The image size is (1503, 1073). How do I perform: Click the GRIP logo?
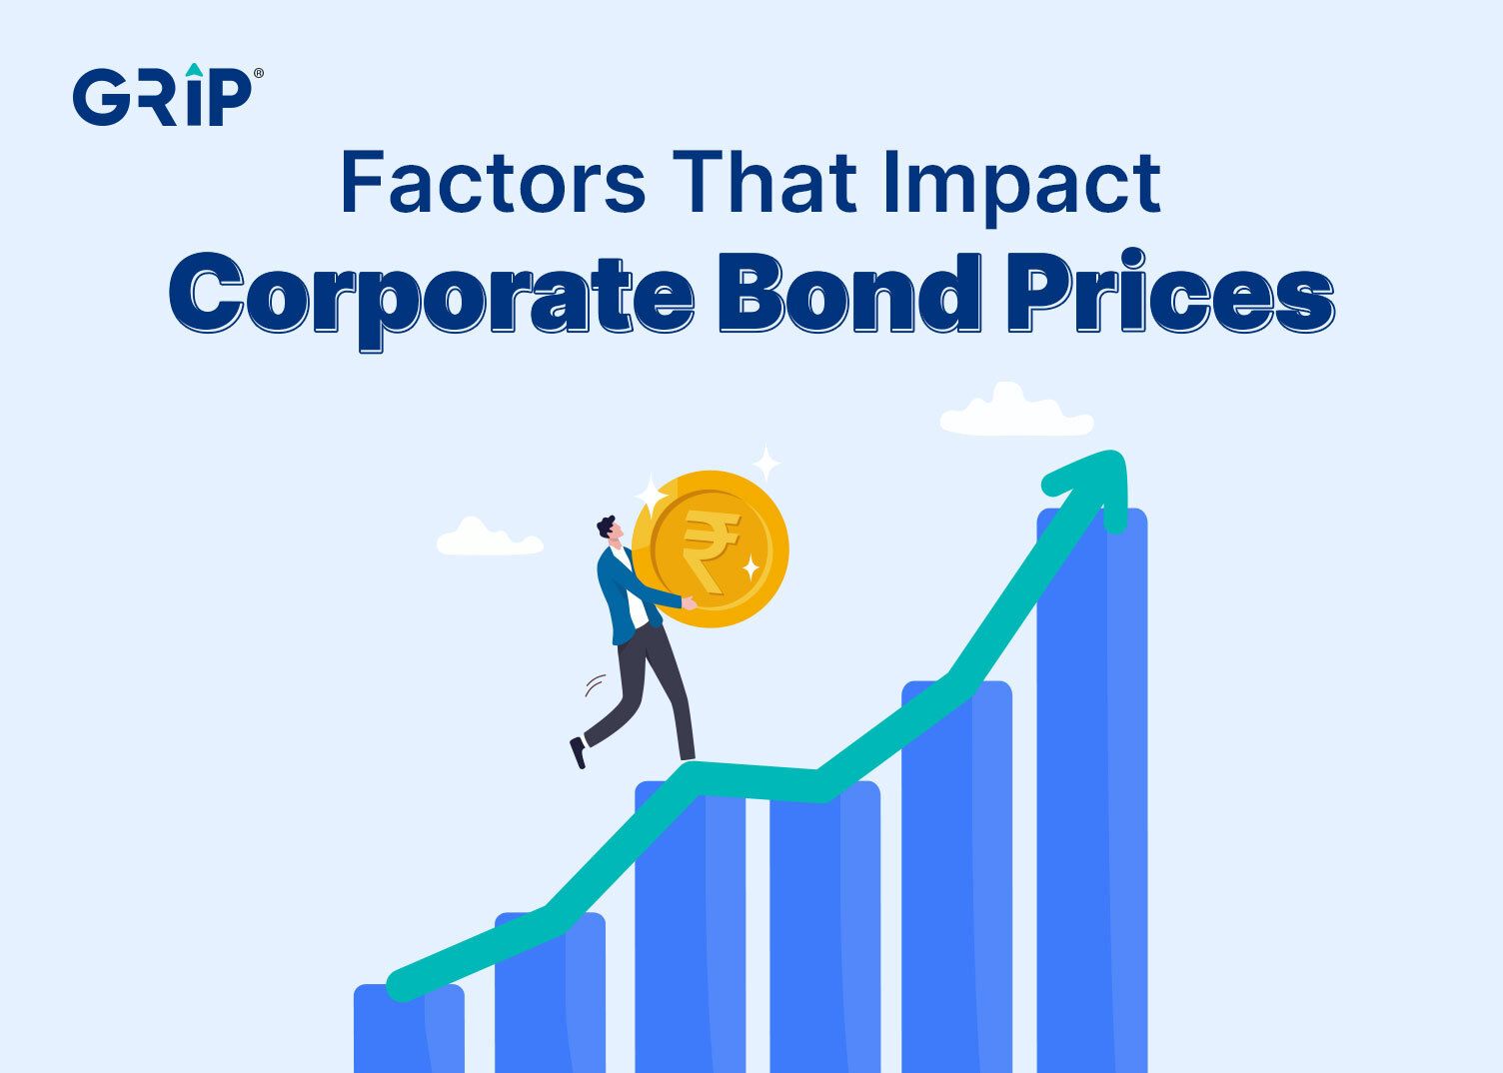click(163, 97)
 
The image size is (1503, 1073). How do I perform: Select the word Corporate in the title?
click(431, 294)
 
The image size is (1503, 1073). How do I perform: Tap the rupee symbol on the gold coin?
click(710, 549)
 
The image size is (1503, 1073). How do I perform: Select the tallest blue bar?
click(1091, 799)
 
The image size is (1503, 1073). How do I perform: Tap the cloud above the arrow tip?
click(1015, 412)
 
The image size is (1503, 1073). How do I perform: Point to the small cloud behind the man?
click(489, 539)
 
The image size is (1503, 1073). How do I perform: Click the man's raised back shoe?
click(578, 751)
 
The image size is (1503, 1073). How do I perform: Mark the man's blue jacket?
click(617, 594)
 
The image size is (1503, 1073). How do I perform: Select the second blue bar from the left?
click(550, 999)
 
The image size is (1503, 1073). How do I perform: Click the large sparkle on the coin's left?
click(651, 496)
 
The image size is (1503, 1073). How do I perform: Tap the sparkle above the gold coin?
click(766, 464)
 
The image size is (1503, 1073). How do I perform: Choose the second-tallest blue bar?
click(956, 879)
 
